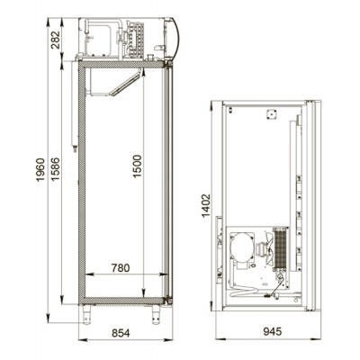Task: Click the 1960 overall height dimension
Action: [40, 169]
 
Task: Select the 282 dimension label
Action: [56, 40]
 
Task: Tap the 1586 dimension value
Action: [56, 169]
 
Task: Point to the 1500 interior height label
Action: [137, 166]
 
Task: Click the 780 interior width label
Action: [121, 268]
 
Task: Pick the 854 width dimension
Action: [121, 333]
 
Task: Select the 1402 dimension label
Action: [206, 206]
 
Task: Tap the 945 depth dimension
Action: [273, 331]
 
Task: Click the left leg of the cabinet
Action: [86, 315]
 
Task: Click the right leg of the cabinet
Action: [156, 315]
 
